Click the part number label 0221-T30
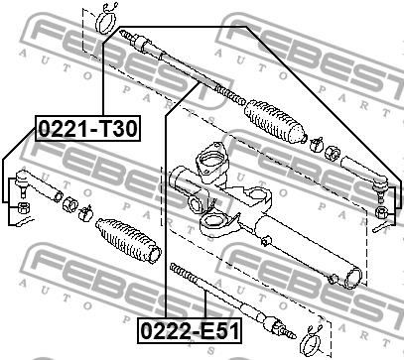point(87,128)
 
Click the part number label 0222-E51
point(190,330)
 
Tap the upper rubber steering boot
point(274,122)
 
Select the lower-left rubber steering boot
point(128,240)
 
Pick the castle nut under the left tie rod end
point(23,207)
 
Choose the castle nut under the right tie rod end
point(381,212)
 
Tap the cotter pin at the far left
point(26,221)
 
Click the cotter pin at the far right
point(382,227)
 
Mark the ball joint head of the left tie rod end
point(22,180)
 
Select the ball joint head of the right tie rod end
point(380,185)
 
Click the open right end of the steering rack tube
point(352,278)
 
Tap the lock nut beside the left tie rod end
point(69,204)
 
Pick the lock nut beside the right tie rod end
point(332,153)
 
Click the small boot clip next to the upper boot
point(316,144)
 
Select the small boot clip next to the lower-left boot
point(85,213)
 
